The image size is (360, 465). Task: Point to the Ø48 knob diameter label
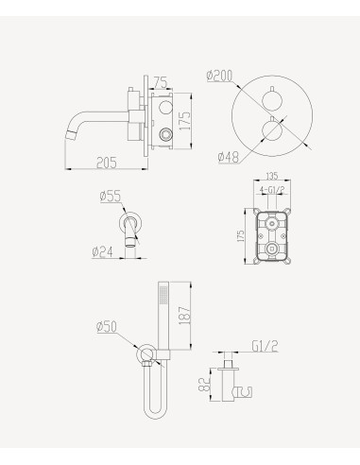coord(227,157)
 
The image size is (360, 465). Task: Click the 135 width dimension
coord(271,174)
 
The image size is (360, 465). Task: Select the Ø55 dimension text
coord(110,197)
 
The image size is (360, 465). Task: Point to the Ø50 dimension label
coord(107,327)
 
